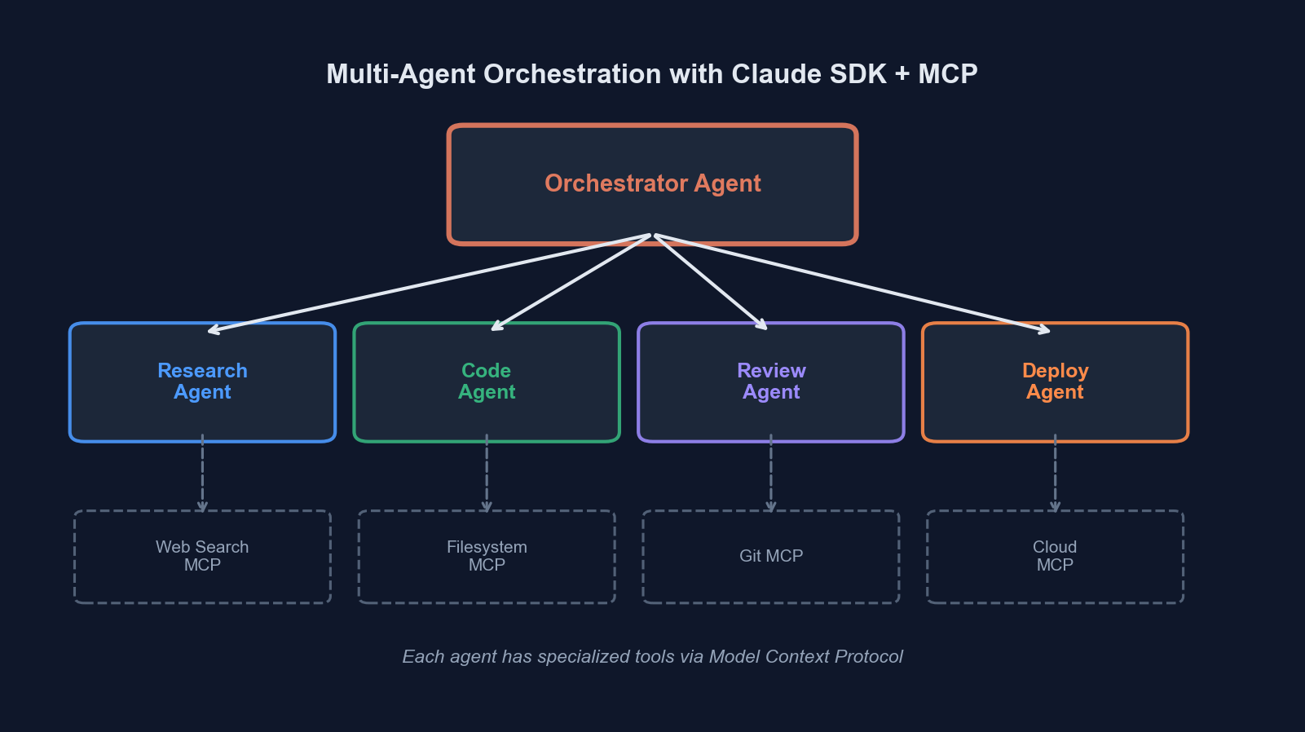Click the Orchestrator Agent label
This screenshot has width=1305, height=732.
coord(652,183)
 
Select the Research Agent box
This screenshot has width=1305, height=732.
coord(202,381)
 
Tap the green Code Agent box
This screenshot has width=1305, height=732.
coord(487,381)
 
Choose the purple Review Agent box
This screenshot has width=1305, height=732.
coord(771,381)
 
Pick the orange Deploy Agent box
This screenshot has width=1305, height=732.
coord(1055,381)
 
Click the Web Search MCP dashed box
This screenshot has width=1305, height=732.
coord(202,556)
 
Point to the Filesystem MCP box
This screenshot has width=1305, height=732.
coord(487,556)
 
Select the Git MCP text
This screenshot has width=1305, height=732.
coord(771,556)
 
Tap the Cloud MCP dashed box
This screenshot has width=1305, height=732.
coord(1055,556)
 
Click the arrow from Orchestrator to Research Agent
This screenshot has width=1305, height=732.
coord(430,283)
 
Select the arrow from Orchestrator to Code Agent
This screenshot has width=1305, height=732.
coord(571,283)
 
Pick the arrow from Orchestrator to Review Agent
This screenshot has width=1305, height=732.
coord(711,282)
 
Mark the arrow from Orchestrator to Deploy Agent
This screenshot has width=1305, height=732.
coord(852,283)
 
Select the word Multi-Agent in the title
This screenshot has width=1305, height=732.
coord(401,74)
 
